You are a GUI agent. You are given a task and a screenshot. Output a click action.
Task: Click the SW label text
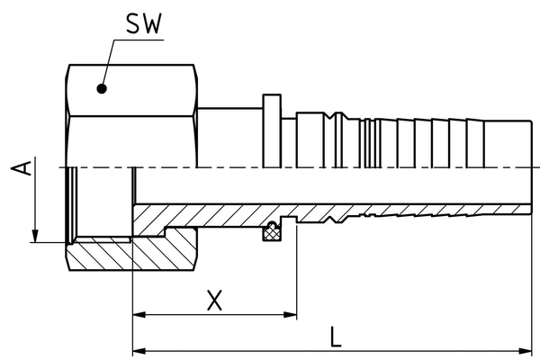[x=144, y=23]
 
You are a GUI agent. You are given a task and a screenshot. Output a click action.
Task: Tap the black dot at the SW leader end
[x=102, y=89]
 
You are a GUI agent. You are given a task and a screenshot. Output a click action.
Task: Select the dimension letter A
[x=22, y=168]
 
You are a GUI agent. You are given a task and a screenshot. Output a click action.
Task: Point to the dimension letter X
[x=214, y=301]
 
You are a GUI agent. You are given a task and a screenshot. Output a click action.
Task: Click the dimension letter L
[x=336, y=337]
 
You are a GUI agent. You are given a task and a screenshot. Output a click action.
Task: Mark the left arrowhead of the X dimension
[x=139, y=314]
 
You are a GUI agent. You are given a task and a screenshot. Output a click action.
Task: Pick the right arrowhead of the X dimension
[x=290, y=314]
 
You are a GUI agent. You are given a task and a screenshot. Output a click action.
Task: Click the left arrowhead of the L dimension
[x=139, y=351]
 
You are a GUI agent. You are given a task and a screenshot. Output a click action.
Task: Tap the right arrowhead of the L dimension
[x=526, y=351]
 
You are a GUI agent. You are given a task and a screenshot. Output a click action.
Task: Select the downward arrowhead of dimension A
[x=35, y=237]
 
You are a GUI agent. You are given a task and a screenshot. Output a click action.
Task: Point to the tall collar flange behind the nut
[x=272, y=130]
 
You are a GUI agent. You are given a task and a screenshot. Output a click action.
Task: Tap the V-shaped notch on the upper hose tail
[x=330, y=116]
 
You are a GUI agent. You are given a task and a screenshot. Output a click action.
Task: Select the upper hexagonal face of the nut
[x=131, y=90]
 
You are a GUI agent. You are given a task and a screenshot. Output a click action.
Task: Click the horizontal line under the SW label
[x=139, y=40]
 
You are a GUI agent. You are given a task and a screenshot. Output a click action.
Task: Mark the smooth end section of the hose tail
[x=508, y=144]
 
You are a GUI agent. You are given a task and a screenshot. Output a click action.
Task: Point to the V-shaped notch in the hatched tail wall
[x=330, y=219]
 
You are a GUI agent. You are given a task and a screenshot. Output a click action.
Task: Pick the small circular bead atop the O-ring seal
[x=272, y=225]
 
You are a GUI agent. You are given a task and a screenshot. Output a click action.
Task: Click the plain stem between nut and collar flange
[x=230, y=138]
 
